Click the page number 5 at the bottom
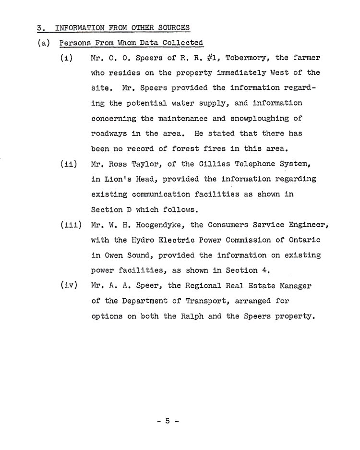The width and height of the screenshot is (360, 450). (168, 421)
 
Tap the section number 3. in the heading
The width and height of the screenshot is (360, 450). (41, 27)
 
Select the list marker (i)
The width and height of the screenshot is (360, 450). (66, 58)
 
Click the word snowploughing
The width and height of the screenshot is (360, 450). (264, 118)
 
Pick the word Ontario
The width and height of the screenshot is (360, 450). (304, 240)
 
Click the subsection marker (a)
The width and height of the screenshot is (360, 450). (44, 43)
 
